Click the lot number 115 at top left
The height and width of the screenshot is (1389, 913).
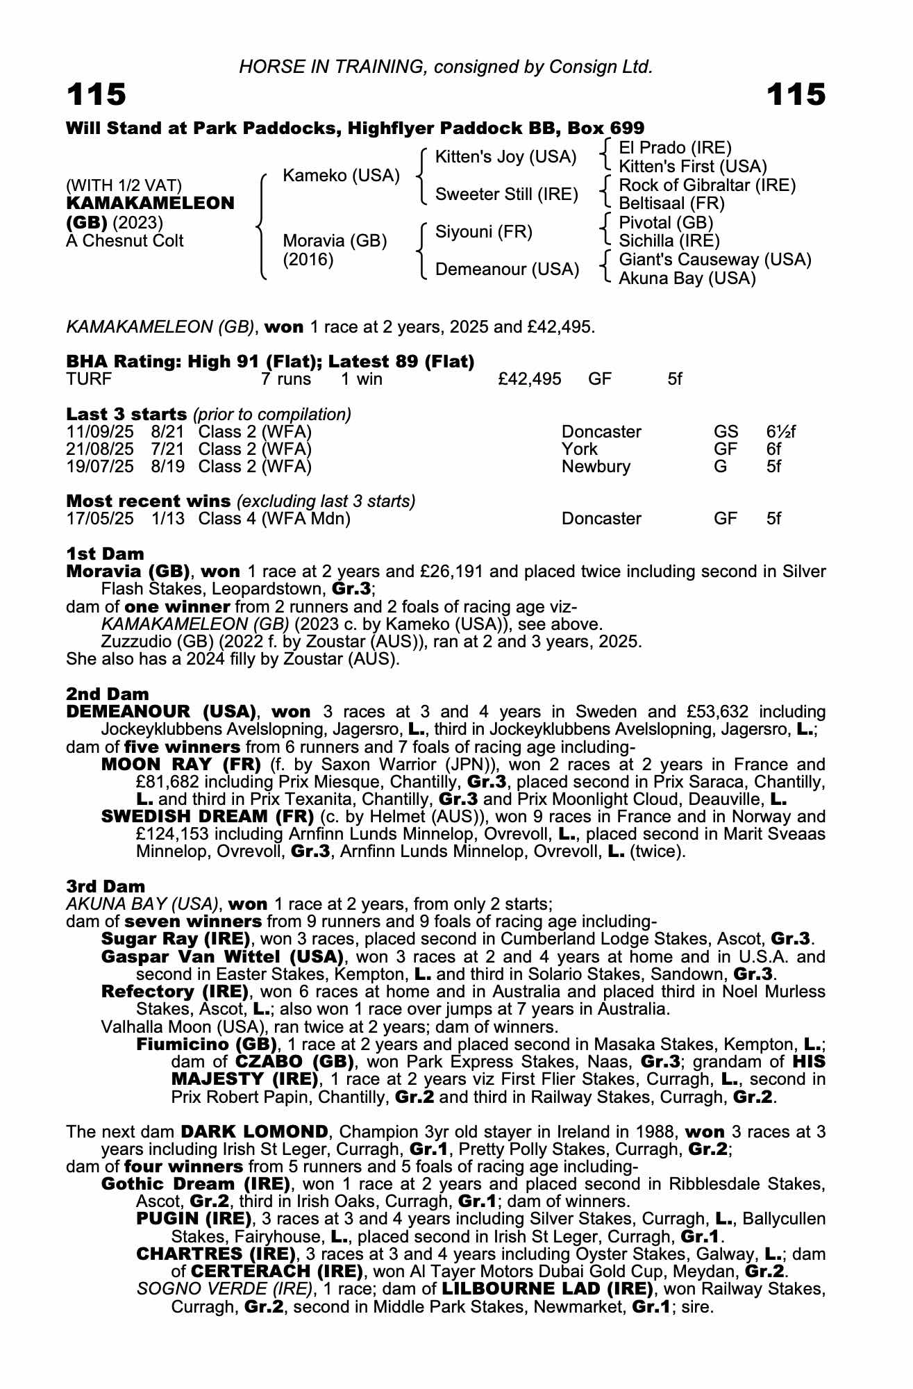[x=97, y=94]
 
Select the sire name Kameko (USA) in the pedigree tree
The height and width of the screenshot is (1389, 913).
[x=341, y=176]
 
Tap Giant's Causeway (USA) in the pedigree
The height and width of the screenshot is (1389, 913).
[x=714, y=260]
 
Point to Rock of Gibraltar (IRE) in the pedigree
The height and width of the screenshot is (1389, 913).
[x=707, y=185]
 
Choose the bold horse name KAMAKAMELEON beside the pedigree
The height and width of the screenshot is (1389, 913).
[x=150, y=203]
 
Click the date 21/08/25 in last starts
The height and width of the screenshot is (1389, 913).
[x=100, y=449]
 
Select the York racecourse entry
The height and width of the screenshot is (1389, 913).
[x=579, y=449]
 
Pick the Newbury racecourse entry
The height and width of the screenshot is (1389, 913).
[x=596, y=467]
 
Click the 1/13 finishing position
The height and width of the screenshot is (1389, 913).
[x=167, y=519]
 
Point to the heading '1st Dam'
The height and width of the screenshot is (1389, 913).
[x=105, y=554]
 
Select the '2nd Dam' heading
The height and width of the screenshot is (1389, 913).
[x=108, y=694]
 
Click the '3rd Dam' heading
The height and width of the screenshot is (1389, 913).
[x=106, y=886]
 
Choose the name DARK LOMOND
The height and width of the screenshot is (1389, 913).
[x=254, y=1131]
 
